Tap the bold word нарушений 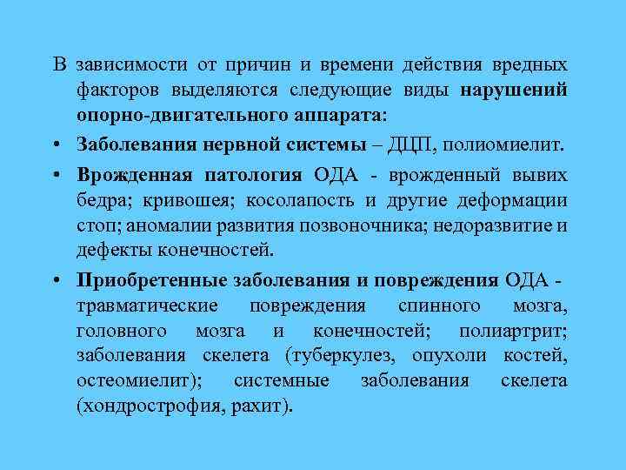(x=515, y=91)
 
